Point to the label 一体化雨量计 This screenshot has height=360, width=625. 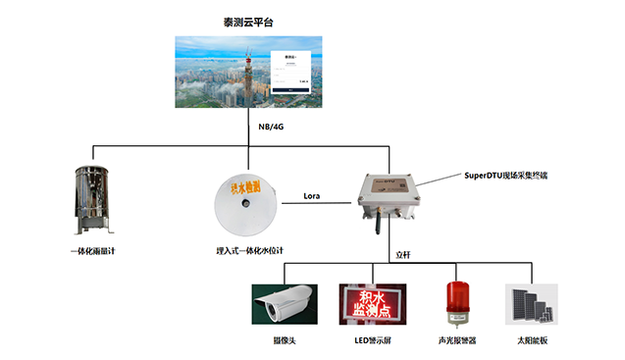coord(99,251)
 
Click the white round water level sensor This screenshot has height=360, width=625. coord(244,203)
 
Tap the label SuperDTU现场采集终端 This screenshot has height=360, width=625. coord(505,175)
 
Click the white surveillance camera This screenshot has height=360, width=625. coord(284,301)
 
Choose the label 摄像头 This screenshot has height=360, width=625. coord(284,339)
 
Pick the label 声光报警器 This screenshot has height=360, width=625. coord(457,339)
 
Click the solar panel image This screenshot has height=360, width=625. coord(531,304)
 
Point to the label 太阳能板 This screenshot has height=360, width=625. coord(533,339)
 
